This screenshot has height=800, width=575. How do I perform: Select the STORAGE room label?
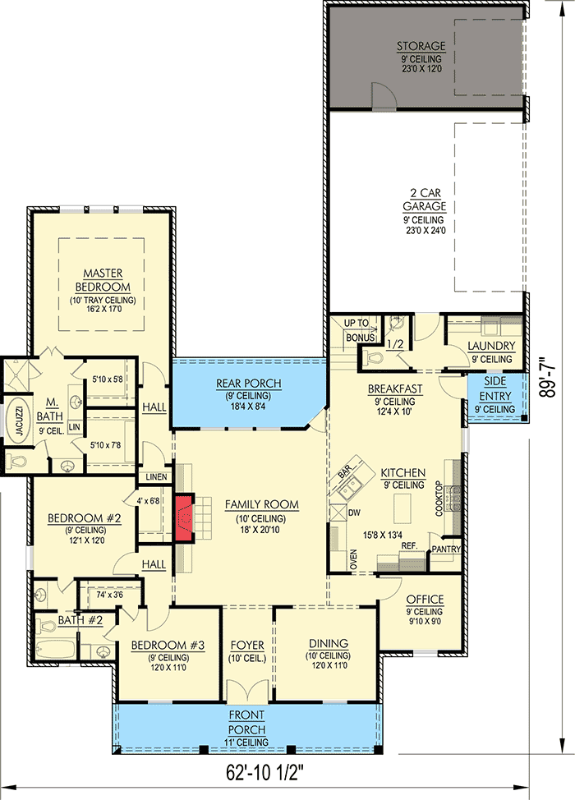[421, 46]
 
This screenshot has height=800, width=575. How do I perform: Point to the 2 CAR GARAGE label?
[425, 200]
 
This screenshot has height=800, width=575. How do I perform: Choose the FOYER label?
[247, 645]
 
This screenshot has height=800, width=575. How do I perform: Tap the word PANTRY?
[446, 549]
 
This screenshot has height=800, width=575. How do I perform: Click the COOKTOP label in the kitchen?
[439, 499]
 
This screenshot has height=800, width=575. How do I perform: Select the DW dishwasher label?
[354, 513]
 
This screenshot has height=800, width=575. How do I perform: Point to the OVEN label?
[353, 559]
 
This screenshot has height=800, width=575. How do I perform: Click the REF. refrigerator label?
[409, 546]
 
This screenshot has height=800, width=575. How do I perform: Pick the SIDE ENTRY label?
[494, 389]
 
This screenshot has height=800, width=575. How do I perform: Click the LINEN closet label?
[156, 477]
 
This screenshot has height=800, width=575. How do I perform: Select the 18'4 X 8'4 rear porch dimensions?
[248, 407]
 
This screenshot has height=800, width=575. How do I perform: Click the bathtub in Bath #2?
[55, 650]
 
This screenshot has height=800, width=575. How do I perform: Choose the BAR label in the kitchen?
[345, 471]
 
